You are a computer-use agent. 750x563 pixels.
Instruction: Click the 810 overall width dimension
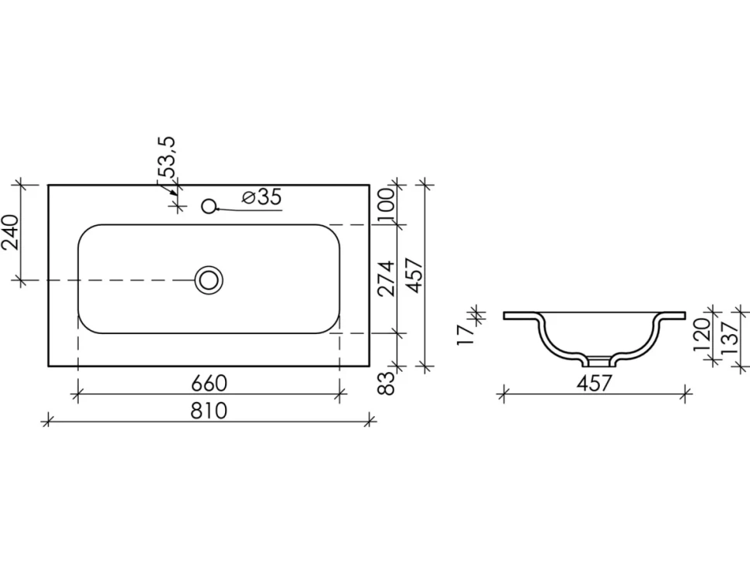click(209, 411)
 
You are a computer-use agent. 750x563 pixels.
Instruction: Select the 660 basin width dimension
click(209, 384)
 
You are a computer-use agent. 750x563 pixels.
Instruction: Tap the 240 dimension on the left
click(11, 232)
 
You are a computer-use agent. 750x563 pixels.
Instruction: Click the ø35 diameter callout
click(261, 196)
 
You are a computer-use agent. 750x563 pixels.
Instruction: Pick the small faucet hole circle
click(209, 206)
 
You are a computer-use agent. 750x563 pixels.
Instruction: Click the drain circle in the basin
click(209, 280)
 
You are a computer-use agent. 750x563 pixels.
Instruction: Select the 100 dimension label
click(386, 203)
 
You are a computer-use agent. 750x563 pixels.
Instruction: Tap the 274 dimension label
click(386, 278)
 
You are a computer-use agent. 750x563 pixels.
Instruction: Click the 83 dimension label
click(387, 383)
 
